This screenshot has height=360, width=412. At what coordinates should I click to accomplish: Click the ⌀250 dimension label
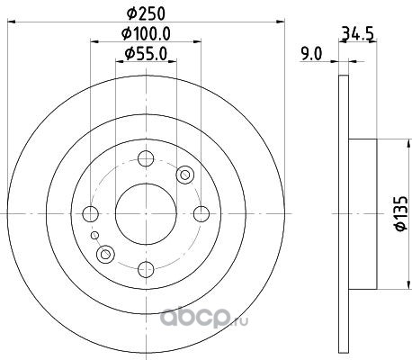pos(146,13)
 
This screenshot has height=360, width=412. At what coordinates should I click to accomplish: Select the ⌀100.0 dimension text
pos(146,33)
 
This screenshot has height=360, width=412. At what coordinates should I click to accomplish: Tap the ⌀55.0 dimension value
pos(146,54)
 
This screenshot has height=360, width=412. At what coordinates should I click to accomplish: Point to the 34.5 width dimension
pos(357,33)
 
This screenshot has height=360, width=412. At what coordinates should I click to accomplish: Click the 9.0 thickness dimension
pos(311,55)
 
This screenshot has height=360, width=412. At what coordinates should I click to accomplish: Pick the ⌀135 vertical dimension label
pos(401,213)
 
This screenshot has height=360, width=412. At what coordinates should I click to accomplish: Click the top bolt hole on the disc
pos(146,158)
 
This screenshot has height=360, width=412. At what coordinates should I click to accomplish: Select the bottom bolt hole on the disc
pos(146,269)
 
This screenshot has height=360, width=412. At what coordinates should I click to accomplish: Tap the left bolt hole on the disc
pos(90,213)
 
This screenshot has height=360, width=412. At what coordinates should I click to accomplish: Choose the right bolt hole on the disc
pos(202,213)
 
